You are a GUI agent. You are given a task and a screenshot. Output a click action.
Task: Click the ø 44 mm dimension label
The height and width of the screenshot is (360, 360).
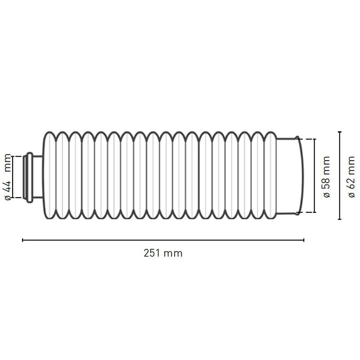8,176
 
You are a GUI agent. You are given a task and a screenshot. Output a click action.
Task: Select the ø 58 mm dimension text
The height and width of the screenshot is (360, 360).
327,176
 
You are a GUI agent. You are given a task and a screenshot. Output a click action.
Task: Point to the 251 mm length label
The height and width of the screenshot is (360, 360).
163,253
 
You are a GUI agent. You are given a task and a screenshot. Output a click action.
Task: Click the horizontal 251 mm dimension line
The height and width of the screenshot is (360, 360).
163,240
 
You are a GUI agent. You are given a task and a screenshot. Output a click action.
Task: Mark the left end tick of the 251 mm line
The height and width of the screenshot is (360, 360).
23,240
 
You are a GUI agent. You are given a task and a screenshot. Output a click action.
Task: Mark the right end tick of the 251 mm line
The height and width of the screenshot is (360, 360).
304,240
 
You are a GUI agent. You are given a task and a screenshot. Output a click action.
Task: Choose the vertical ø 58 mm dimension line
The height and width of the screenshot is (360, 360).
315,175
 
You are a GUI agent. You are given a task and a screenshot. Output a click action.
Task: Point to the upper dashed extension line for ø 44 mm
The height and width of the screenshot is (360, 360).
19,156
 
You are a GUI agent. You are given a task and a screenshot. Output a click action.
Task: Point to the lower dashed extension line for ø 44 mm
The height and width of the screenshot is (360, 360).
19,198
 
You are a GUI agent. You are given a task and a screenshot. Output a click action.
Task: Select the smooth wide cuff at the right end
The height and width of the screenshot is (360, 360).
288,175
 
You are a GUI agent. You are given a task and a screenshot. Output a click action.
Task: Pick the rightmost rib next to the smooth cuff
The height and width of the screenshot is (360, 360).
270,175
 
